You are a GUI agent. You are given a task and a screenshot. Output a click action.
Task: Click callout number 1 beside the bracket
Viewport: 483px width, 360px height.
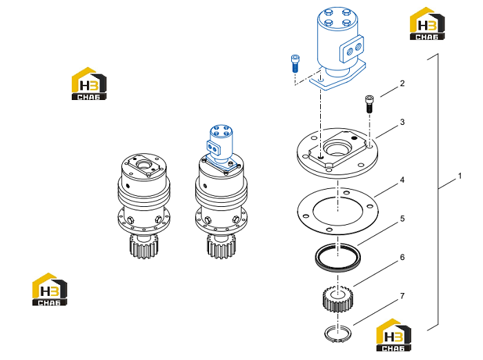(460, 176)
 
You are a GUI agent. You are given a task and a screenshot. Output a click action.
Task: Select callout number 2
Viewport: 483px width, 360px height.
(402, 83)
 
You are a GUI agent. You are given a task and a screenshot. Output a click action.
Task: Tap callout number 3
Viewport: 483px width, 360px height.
(402, 122)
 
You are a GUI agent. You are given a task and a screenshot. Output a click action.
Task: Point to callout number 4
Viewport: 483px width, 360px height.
(402, 180)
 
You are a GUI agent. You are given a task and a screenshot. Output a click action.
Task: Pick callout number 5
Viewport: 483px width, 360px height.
(402, 219)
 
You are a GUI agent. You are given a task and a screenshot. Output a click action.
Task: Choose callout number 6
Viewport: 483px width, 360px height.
(402, 257)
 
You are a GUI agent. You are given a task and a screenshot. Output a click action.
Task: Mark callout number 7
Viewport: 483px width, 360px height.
(402, 296)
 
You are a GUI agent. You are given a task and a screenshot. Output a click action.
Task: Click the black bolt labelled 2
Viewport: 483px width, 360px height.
(369, 104)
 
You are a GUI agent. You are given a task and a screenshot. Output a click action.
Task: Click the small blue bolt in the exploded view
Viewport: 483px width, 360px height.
(295, 63)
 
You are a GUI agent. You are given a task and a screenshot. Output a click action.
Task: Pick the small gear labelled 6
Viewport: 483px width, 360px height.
(337, 299)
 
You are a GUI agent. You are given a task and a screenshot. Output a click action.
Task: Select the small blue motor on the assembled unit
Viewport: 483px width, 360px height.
(221, 148)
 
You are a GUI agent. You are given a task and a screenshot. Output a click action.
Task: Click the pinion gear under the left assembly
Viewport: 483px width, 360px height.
(144, 246)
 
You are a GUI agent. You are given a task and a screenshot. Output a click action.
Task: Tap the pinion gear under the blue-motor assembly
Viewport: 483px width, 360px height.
(221, 246)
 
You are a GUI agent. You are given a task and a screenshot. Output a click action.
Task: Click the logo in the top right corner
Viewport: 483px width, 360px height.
(427, 24)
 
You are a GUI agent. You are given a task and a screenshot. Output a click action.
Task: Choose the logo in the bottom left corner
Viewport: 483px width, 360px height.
(50, 289)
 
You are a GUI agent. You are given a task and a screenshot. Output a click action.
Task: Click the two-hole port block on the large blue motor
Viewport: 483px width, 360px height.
(352, 49)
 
